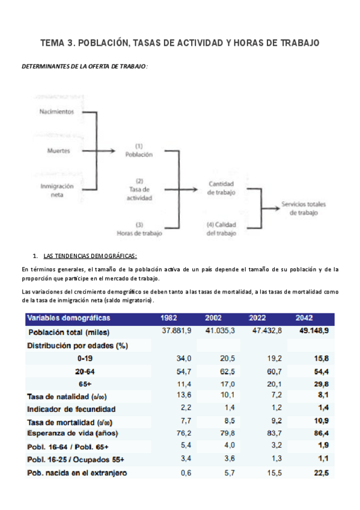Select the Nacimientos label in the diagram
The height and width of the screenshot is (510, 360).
point(56,112)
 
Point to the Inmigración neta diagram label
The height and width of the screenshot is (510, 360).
point(57,191)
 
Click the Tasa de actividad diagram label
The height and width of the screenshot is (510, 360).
point(139,189)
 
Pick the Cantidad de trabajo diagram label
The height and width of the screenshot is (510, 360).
point(221,188)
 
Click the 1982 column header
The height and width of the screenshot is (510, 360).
point(168,318)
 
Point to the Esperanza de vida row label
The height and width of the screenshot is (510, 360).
point(73,433)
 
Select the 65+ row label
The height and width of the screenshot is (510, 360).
point(84,384)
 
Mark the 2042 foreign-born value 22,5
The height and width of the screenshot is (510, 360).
point(322,473)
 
